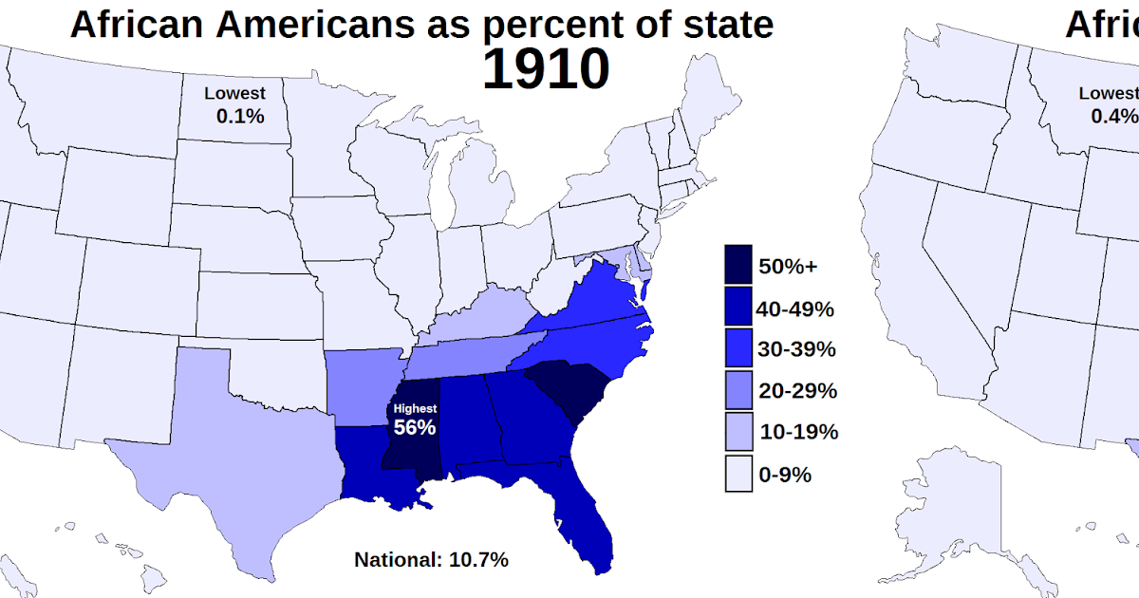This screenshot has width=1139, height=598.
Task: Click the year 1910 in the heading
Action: pos(545,68)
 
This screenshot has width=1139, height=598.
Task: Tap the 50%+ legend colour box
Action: pos(738,265)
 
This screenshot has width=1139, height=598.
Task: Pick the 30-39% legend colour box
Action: pos(738,348)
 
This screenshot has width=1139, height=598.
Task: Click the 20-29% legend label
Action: pos(797,390)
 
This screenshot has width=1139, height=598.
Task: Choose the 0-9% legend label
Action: pos(785,475)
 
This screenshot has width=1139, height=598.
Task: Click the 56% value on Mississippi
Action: pos(415,427)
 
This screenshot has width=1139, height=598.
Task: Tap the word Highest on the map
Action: pos(415,408)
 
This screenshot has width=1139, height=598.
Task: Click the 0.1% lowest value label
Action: pos(239,116)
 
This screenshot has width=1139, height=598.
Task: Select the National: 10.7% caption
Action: pos(431,559)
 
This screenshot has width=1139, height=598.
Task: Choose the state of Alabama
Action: pos(465,418)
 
